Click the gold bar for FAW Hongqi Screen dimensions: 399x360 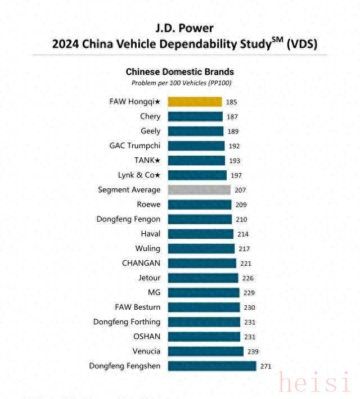click(195, 102)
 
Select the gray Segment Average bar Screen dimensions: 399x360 click(199, 190)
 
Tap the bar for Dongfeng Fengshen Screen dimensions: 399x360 click(212, 366)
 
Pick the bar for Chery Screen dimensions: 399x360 click(195, 116)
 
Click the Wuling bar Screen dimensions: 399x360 click(201, 248)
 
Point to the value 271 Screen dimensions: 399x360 click(265, 366)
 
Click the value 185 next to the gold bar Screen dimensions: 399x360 click(231, 102)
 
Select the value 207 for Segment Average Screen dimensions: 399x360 click(240, 191)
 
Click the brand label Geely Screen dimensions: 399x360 click(150, 131)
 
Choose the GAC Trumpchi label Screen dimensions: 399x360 click(135, 146)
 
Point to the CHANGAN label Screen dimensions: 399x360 click(141, 263)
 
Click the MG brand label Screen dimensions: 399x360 click(154, 292)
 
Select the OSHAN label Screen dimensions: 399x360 click(147, 336)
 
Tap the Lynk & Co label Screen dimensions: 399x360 click(139, 175)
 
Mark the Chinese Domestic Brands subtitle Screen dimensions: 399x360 click(179, 72)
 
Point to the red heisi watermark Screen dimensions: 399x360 click(315, 384)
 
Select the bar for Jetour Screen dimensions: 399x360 click(203, 278)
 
